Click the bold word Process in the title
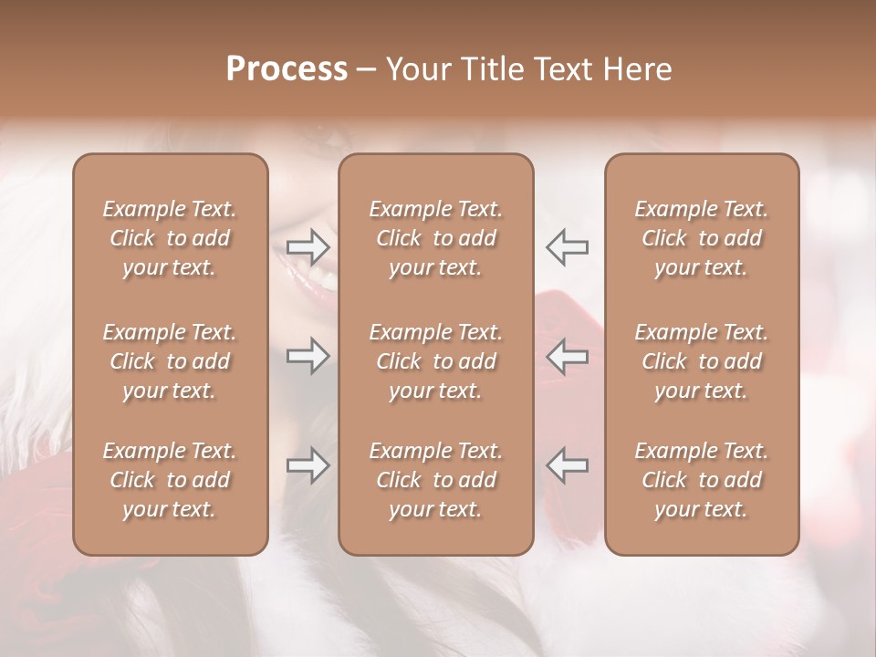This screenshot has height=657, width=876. (x=287, y=69)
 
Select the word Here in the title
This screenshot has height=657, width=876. (x=637, y=69)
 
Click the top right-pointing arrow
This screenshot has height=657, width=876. (x=308, y=246)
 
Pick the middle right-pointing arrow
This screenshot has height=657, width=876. (x=308, y=356)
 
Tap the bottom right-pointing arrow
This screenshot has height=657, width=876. (x=308, y=465)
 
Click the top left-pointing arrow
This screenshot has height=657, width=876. (x=568, y=246)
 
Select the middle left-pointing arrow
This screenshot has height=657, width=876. (x=568, y=356)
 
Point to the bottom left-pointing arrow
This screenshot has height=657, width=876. (x=568, y=465)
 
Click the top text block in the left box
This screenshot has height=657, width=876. (x=170, y=238)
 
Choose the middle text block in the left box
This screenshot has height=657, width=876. (x=170, y=361)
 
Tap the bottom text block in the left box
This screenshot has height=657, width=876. (x=170, y=480)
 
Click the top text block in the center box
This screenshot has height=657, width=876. (x=435, y=238)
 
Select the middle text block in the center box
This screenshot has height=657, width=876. (x=435, y=361)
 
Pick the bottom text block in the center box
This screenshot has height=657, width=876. (x=435, y=480)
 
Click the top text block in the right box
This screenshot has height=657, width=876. (x=702, y=238)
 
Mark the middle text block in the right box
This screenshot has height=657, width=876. (x=702, y=361)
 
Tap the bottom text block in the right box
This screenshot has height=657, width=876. (x=702, y=480)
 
